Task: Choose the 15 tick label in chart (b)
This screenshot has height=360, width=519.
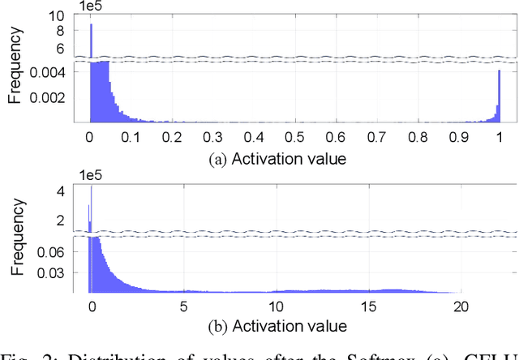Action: coord(368,306)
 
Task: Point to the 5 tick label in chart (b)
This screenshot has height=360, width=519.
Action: coord(184,306)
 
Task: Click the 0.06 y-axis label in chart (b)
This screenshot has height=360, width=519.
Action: coord(57,251)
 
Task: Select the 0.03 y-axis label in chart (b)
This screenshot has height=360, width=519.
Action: coord(57,272)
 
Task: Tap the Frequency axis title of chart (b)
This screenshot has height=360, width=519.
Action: coord(15,238)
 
